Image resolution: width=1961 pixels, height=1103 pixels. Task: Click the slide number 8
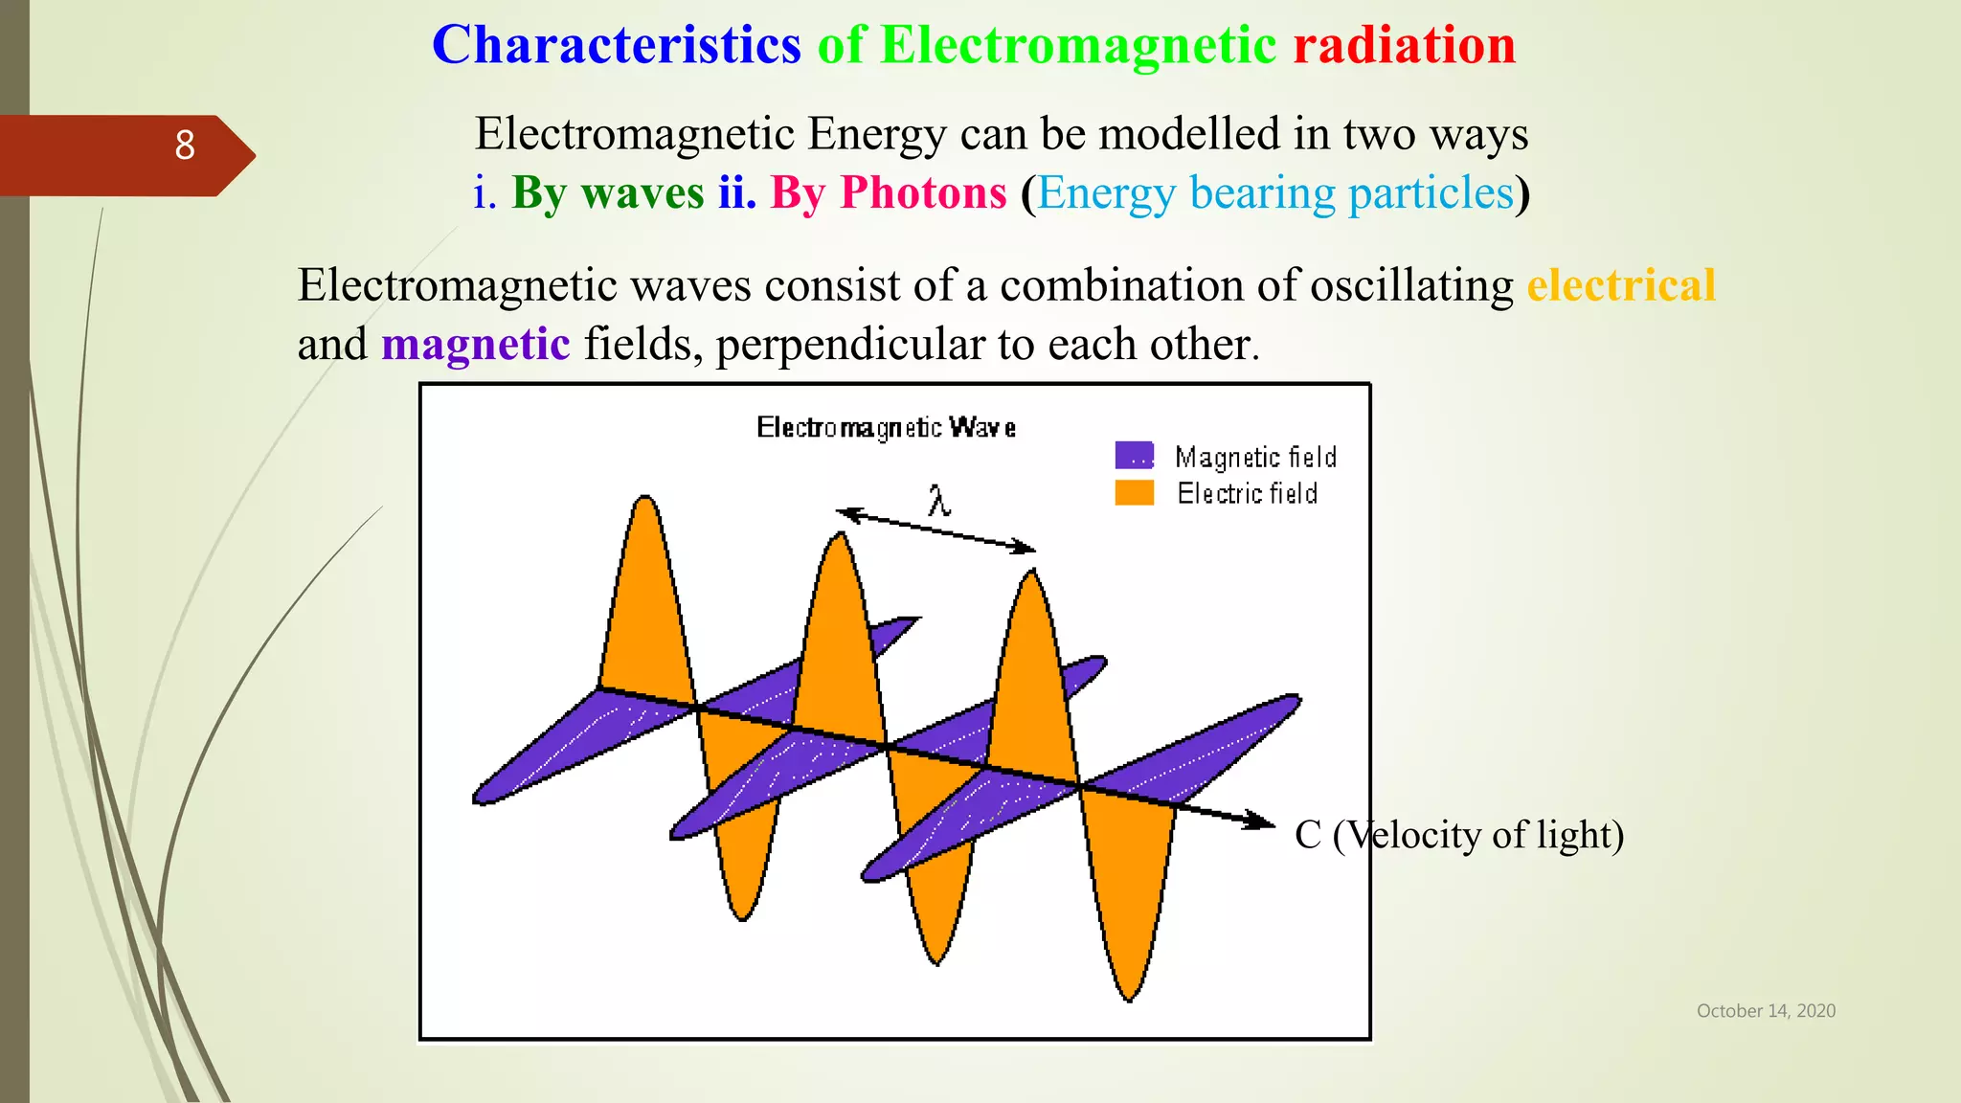click(185, 146)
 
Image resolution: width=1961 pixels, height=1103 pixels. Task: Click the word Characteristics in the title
click(616, 46)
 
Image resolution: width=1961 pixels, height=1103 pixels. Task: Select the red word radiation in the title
click(1404, 46)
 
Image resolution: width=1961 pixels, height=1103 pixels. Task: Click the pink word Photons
click(923, 192)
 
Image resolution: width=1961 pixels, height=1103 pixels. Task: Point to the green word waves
click(642, 192)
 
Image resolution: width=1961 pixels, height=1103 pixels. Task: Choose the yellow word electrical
click(1620, 285)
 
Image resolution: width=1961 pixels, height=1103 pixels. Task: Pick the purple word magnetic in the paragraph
click(475, 344)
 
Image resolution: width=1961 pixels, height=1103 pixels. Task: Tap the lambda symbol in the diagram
click(938, 500)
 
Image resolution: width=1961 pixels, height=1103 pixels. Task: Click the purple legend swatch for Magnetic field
click(1134, 455)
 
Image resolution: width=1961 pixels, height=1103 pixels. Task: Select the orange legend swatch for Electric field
click(1134, 492)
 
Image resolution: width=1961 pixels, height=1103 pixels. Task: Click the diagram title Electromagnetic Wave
click(886, 427)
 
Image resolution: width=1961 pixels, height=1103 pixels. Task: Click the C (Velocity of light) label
click(1458, 835)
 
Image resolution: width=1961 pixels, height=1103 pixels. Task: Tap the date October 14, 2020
click(1766, 1011)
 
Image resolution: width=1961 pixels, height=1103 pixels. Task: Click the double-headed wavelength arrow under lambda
click(936, 530)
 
